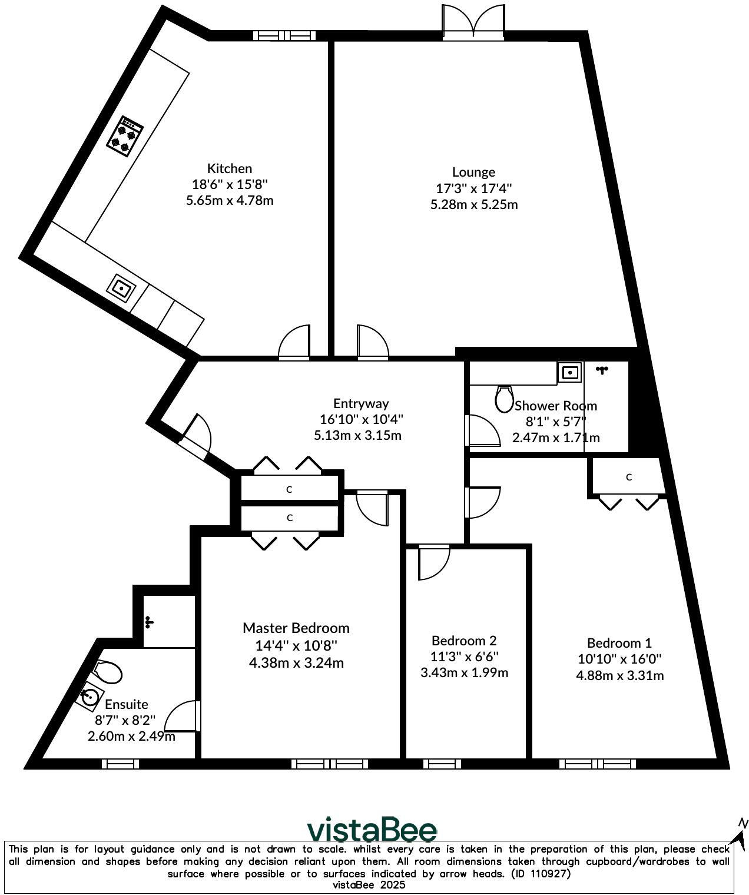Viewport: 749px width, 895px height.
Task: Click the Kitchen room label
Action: [229, 168]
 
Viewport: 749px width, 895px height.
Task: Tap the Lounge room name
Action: [473, 172]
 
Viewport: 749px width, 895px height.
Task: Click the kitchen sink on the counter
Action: [121, 289]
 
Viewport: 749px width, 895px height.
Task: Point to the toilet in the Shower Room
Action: [504, 399]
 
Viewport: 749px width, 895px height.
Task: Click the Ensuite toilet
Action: [107, 672]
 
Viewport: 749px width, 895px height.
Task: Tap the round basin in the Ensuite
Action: [90, 698]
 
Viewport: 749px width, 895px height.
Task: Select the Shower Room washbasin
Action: [569, 372]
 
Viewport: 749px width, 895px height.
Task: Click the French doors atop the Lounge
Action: [473, 22]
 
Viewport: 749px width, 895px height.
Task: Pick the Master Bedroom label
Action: [296, 628]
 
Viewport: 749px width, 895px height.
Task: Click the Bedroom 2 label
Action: [464, 640]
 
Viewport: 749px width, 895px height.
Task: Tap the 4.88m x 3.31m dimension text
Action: [619, 675]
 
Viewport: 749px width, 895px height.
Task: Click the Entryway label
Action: [360, 403]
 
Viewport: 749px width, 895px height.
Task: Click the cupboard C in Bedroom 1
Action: [628, 477]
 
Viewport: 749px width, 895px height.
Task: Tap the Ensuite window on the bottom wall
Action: [120, 764]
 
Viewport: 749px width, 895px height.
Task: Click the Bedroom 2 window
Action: [442, 764]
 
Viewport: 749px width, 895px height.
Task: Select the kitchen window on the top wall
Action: [284, 36]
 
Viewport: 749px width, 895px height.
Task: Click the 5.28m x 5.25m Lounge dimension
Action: [473, 205]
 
